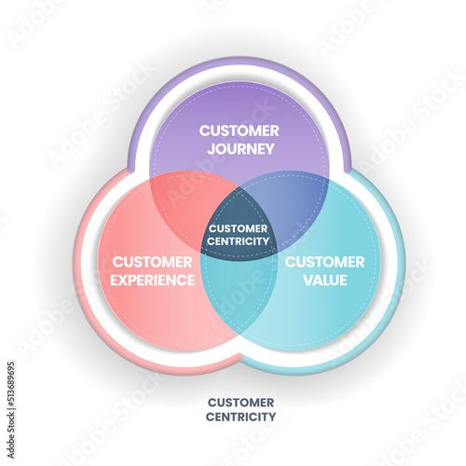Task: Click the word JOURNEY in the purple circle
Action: point(241,149)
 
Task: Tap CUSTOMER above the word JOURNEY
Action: point(240,130)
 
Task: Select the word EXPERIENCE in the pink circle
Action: point(153,281)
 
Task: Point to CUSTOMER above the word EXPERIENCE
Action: point(153,262)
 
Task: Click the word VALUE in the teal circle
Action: point(325,281)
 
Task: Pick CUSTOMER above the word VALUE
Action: point(325,262)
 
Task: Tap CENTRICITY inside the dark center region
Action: point(239,241)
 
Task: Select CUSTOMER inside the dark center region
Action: point(239,228)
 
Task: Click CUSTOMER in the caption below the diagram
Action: point(240,403)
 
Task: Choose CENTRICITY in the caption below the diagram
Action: point(240,417)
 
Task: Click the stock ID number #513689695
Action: point(11,385)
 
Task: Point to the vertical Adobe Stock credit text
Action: point(11,435)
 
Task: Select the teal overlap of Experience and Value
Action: point(239,295)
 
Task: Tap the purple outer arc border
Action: point(240,61)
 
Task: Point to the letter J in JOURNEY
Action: point(211,149)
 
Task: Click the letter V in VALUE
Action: point(308,281)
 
